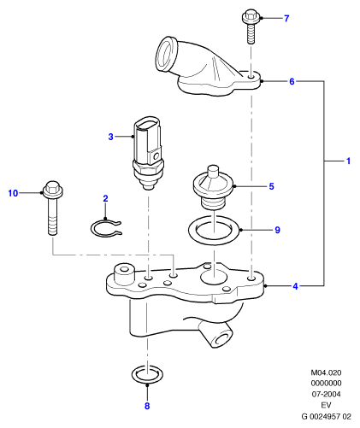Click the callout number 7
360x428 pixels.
pos(286,19)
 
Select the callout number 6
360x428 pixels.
pos(292,81)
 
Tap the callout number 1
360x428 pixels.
pos(348,161)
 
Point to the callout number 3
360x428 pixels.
pos(110,137)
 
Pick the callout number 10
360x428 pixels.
pos(13,193)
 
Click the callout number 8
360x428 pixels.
pos(147,406)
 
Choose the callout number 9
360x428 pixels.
pos(277,230)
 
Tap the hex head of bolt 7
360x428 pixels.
pos(251,16)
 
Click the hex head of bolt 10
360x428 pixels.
pos(53,190)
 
